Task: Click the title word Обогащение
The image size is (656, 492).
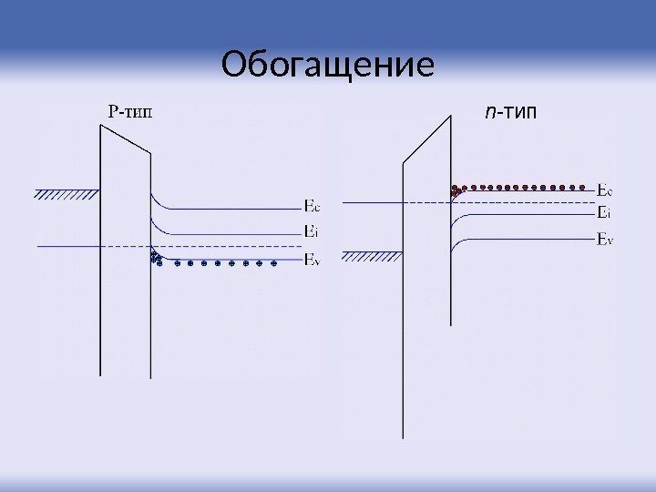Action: click(328, 66)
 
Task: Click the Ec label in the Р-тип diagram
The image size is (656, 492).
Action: click(311, 206)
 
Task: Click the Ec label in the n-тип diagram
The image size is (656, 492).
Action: click(604, 191)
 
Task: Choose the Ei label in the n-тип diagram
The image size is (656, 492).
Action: click(603, 213)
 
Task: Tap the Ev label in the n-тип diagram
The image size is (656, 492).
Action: click(604, 239)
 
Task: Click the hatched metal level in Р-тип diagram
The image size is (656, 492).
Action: click(67, 192)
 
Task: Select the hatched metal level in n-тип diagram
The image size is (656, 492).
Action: click(374, 256)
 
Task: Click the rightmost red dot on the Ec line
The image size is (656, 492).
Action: click(583, 186)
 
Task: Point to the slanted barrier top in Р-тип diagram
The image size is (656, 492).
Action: click(125, 140)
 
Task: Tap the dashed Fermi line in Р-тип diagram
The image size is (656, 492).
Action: click(228, 247)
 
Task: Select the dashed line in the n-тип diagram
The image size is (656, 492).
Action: click(419, 201)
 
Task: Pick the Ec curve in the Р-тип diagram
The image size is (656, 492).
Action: click(228, 208)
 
